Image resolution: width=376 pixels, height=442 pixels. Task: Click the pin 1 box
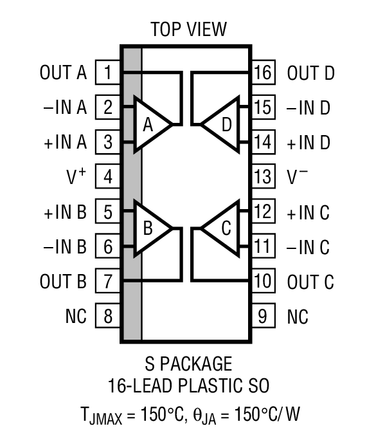click(108, 73)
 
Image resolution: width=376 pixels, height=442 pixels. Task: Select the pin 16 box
click(263, 73)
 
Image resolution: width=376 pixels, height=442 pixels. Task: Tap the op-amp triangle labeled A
click(151, 125)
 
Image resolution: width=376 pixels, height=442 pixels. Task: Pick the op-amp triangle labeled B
click(151, 228)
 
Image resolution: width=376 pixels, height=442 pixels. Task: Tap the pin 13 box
click(263, 177)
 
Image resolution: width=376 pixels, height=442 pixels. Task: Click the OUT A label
click(62, 73)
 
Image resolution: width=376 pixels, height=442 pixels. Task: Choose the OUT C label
click(310, 282)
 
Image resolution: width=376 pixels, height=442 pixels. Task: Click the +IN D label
click(309, 142)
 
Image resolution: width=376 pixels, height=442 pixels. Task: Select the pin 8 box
click(108, 317)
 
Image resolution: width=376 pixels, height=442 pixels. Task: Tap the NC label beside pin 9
click(298, 317)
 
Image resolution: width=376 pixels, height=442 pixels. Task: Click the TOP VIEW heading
click(188, 30)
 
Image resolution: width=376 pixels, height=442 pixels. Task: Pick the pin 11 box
click(263, 246)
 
